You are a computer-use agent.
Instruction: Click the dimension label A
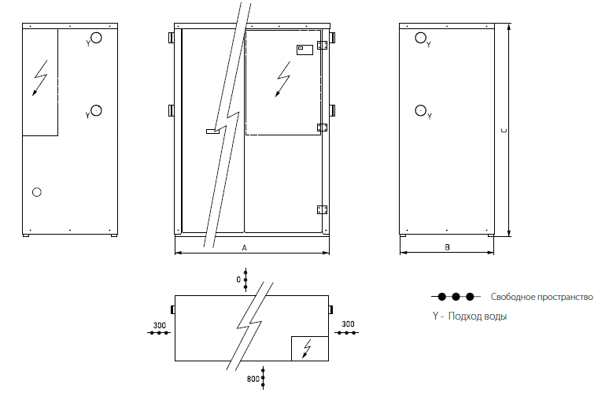pos(245,248)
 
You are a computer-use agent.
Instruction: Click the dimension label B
pos(448,247)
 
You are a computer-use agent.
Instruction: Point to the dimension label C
pos(504,131)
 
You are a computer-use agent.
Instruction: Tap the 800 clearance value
pos(253,379)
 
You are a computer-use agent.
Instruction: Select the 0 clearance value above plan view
pos(238,279)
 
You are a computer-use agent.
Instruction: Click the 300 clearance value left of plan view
pos(160,325)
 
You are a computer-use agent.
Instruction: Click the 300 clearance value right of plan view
pos(348,324)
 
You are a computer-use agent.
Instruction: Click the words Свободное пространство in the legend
pos(541,297)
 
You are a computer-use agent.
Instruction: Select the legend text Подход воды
pos(478,316)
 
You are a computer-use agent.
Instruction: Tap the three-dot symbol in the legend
pos(456,297)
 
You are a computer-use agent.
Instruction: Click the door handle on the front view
pos(212,131)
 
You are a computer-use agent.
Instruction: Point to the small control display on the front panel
pos(305,50)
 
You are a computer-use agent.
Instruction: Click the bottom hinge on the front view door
pos(323,209)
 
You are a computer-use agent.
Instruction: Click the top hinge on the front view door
pos(323,45)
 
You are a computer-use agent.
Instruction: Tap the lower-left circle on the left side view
pos(37,192)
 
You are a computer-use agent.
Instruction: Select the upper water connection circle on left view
pos(96,38)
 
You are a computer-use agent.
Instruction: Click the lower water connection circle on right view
pos(420,110)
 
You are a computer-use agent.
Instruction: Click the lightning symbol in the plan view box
pos(307,348)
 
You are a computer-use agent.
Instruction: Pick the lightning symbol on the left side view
pos(40,78)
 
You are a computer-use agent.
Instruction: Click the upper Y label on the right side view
pos(429,45)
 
